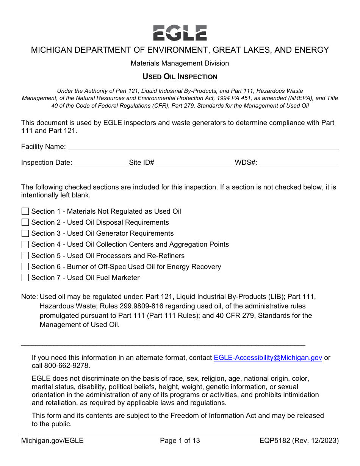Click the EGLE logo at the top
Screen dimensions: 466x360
pos(180,33)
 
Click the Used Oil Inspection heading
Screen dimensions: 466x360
pos(180,77)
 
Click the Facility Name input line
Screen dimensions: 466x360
pos(203,147)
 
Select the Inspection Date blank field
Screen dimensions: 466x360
pos(100,163)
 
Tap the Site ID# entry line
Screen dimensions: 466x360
pos(194,163)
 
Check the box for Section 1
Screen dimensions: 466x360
pos(25,211)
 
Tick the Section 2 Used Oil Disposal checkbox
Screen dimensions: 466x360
pos(25,222)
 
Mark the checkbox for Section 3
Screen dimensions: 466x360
pos(25,233)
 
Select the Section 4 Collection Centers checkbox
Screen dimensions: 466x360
pos(25,244)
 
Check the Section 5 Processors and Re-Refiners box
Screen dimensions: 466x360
pos(25,256)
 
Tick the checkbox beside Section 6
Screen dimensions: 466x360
pos(25,267)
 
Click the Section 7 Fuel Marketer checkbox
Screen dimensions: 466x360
pos(25,278)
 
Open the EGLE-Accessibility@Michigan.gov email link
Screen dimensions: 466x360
pos(268,358)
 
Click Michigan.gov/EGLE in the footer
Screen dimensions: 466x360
pos(52,441)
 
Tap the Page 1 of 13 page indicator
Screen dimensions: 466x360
pos(180,441)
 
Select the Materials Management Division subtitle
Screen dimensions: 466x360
pos(180,63)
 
